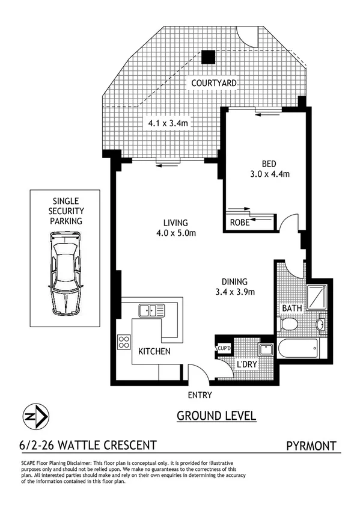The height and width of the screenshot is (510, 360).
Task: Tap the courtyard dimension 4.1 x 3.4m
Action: coord(170,123)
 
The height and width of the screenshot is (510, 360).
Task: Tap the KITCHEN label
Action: coord(154,351)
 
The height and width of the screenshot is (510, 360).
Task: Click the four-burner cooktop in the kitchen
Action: coord(125,342)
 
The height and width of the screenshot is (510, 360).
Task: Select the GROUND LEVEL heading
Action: coord(216,416)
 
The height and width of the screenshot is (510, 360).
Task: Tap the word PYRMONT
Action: coord(311,446)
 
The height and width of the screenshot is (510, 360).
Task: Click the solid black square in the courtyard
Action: coord(207,57)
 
